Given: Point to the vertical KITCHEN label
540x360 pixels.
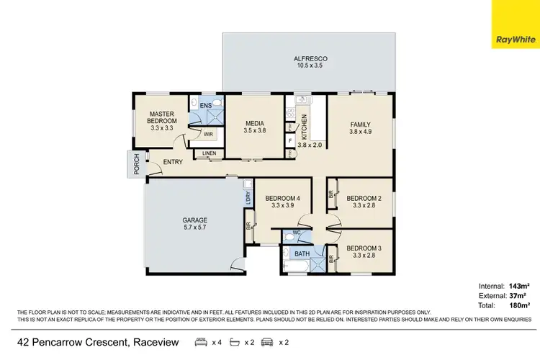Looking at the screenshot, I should (305, 126).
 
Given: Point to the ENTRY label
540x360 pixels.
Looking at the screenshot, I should (173, 163).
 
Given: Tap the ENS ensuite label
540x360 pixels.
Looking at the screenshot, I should (205, 107).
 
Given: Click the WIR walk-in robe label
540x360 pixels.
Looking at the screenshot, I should (207, 134).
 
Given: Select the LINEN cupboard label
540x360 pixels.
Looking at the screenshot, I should (209, 153).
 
